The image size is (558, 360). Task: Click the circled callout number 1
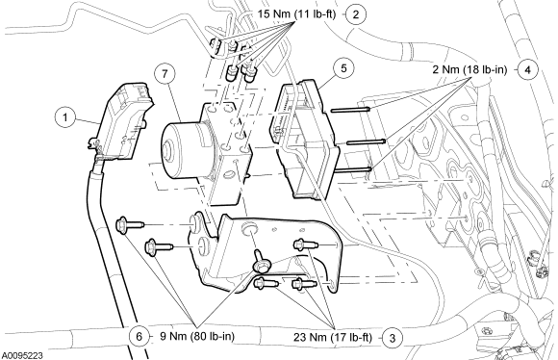[65, 116]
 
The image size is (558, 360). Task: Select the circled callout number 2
[356, 14]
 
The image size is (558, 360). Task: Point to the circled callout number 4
[528, 70]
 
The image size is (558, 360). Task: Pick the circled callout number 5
[343, 68]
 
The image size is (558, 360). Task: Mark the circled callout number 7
[165, 74]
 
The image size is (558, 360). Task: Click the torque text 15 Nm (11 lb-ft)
[296, 13]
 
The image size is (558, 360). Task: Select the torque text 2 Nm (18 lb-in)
[469, 69]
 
